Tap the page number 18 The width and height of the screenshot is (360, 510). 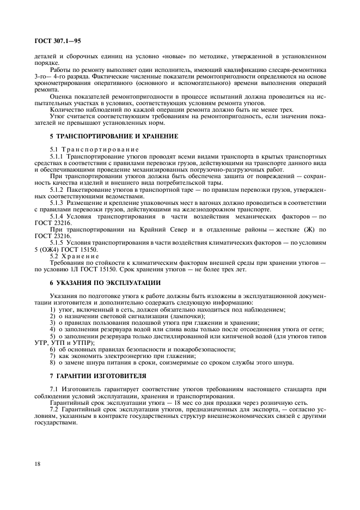[x=38, y=464]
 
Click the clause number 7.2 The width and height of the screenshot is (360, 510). [x=54, y=408]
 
